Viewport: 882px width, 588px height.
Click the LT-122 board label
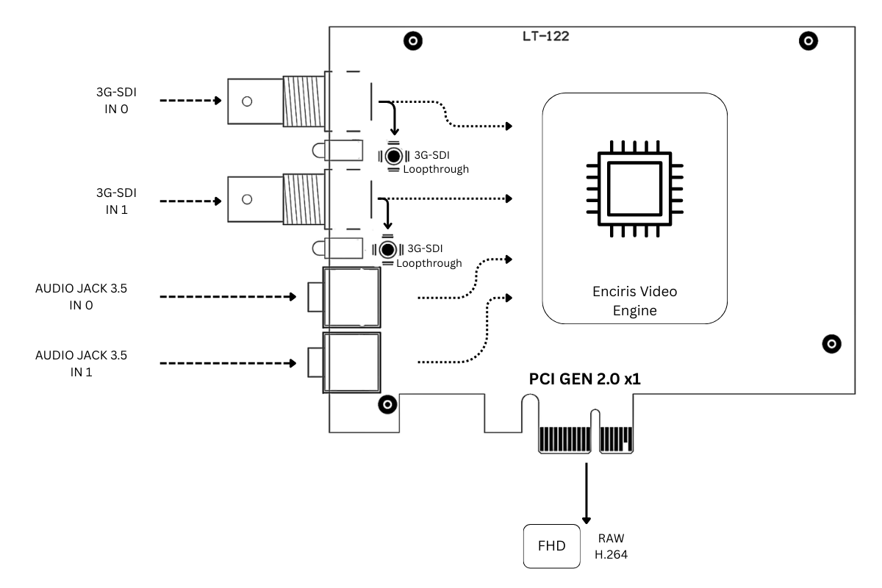(545, 36)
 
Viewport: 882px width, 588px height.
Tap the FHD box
(552, 546)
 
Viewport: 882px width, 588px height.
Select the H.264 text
(611, 554)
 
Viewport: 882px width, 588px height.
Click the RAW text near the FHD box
(611, 538)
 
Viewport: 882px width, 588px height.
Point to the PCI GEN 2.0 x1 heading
(585, 379)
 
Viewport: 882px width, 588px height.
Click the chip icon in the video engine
(635, 189)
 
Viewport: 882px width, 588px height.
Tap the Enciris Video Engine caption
(635, 301)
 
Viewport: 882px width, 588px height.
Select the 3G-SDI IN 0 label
(116, 101)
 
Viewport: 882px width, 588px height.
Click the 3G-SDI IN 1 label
(116, 201)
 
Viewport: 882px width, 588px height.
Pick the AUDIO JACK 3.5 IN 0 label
(81, 296)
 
